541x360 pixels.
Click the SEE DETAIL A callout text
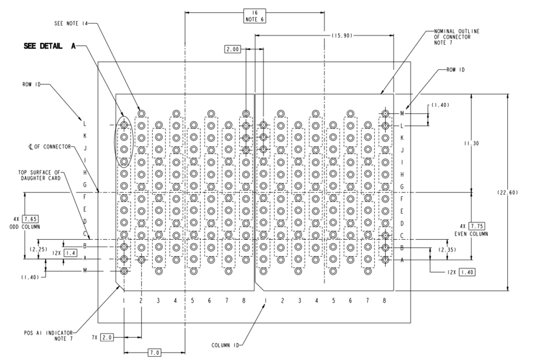47,46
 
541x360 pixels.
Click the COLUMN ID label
225,345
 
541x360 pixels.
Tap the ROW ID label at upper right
455,70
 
